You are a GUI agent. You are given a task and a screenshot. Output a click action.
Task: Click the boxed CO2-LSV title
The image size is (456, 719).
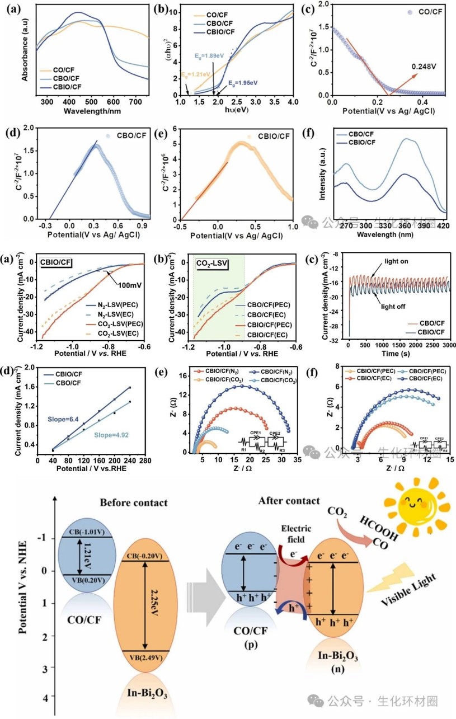click(212, 261)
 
